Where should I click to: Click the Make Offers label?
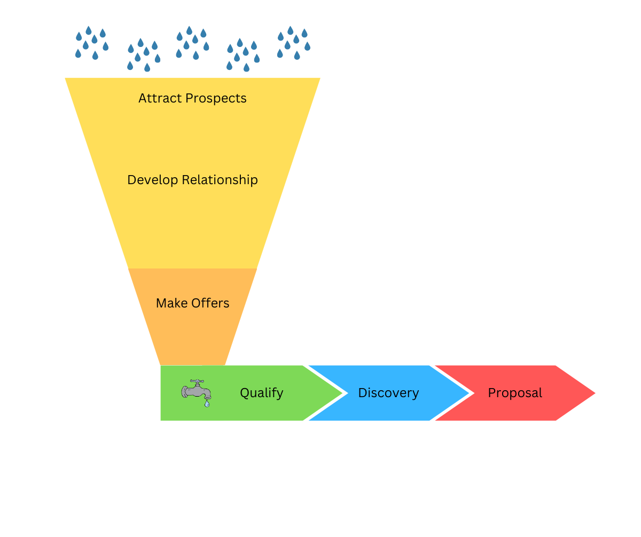pos(192,303)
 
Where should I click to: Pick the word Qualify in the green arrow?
pos(261,393)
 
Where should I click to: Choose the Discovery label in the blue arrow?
pos(388,393)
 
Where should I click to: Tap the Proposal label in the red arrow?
pos(515,393)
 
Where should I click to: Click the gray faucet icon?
pos(196,391)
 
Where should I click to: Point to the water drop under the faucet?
pos(207,404)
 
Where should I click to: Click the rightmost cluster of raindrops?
pos(293,43)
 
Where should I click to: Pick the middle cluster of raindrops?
pos(192,43)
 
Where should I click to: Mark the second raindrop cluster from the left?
pos(143,54)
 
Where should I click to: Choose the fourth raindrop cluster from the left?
pos(243,54)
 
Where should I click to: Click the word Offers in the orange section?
pos(212,303)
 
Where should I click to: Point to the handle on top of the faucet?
pos(197,381)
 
